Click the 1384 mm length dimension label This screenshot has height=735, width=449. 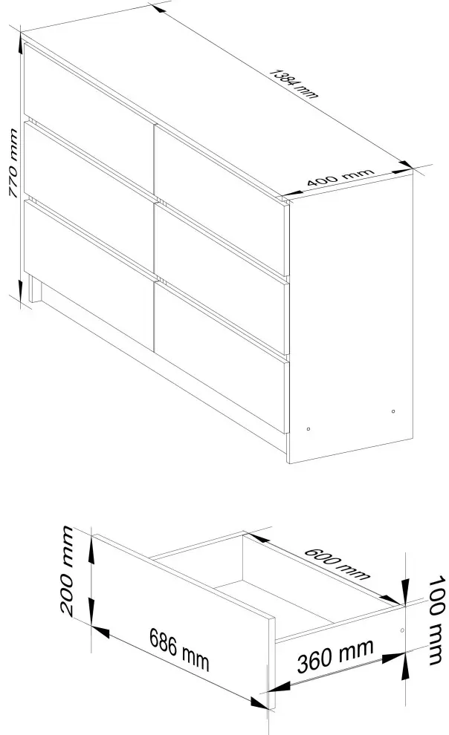(x=295, y=84)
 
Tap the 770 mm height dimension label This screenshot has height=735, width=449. (x=13, y=163)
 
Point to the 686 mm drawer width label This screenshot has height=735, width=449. (x=179, y=648)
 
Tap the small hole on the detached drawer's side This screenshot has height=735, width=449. (x=402, y=630)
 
